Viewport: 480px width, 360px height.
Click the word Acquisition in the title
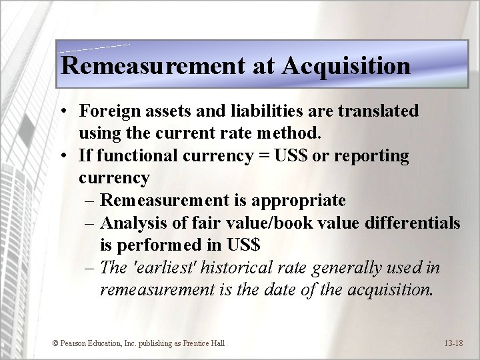tap(346, 66)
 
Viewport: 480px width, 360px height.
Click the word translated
tap(376, 111)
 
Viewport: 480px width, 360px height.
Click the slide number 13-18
tap(453, 343)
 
